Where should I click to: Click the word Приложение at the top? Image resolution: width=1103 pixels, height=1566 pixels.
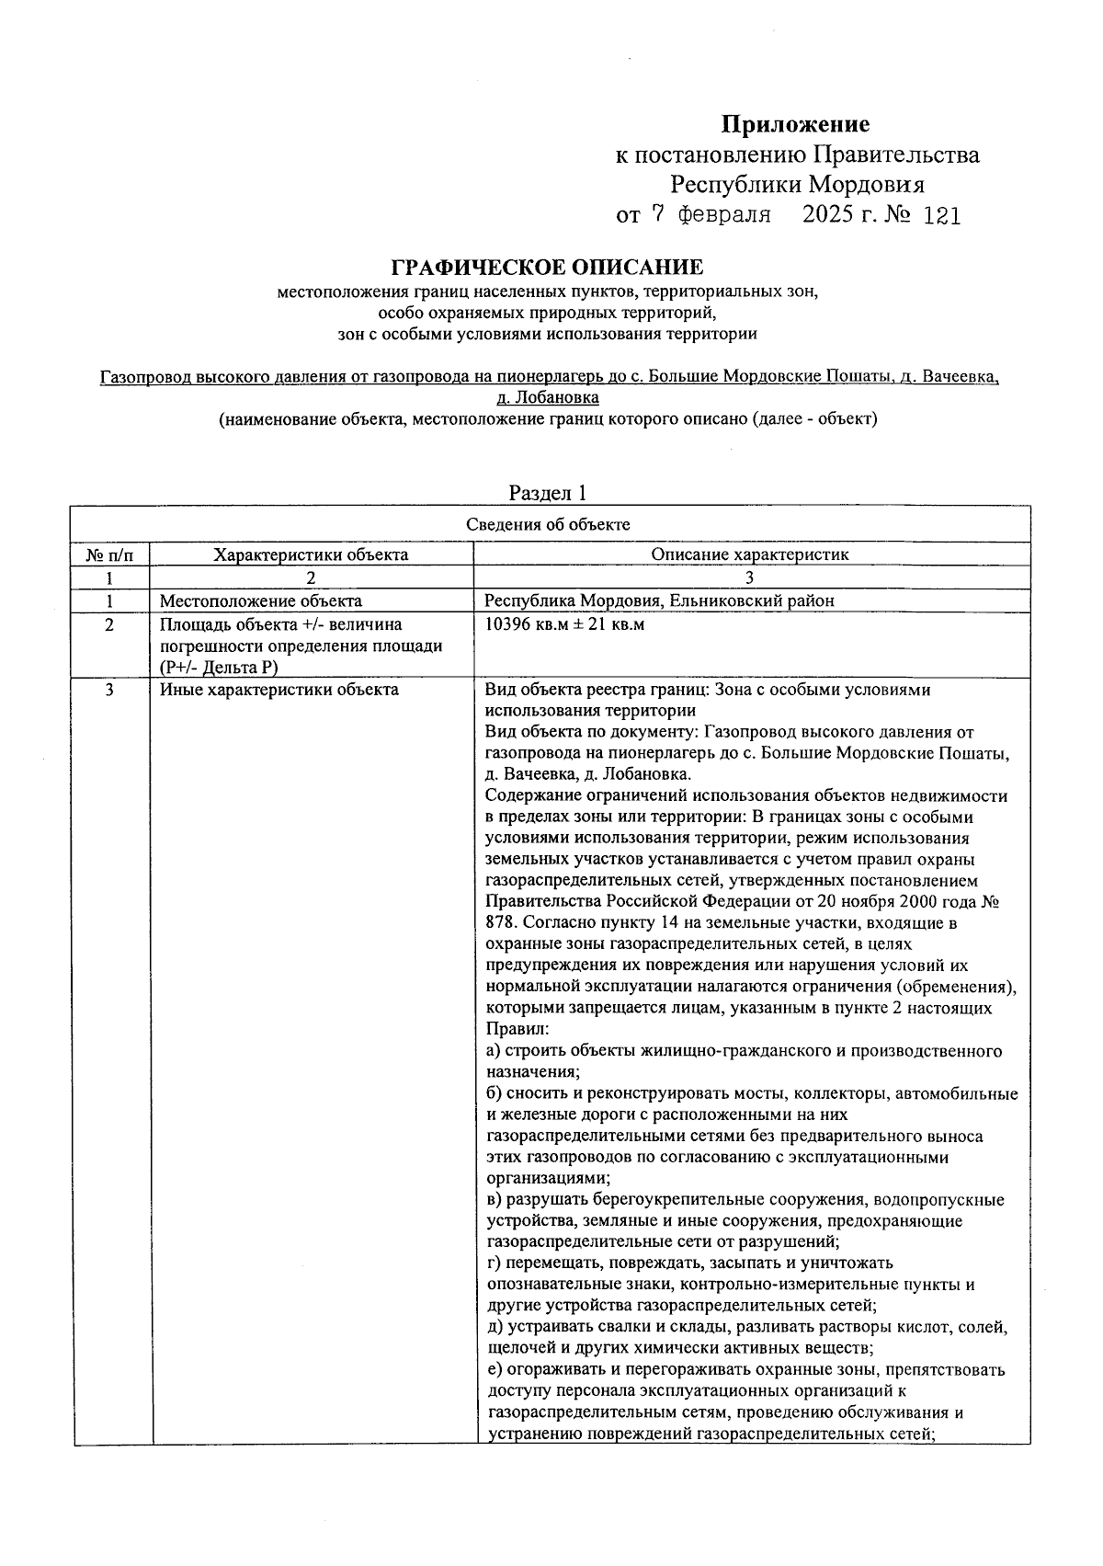(794, 124)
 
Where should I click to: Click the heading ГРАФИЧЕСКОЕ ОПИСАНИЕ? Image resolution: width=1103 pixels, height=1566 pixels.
(547, 268)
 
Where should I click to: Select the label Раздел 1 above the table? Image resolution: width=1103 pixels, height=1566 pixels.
(547, 493)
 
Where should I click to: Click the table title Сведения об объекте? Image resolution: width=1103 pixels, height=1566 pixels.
(548, 525)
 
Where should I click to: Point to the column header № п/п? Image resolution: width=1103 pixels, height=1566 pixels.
(109, 554)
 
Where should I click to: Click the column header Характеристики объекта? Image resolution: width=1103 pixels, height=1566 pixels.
(311, 554)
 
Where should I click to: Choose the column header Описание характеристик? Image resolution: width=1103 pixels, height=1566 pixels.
(749, 554)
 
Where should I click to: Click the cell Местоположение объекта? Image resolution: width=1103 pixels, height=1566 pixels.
(260, 601)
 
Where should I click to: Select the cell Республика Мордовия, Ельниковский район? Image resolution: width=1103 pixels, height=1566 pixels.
(659, 601)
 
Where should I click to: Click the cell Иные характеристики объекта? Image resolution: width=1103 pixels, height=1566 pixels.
(279, 690)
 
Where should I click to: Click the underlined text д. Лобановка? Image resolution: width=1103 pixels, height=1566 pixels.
(547, 398)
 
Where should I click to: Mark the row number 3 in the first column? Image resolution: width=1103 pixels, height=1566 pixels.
(109, 690)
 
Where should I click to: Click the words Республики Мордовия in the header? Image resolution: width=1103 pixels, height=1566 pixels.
(796, 184)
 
